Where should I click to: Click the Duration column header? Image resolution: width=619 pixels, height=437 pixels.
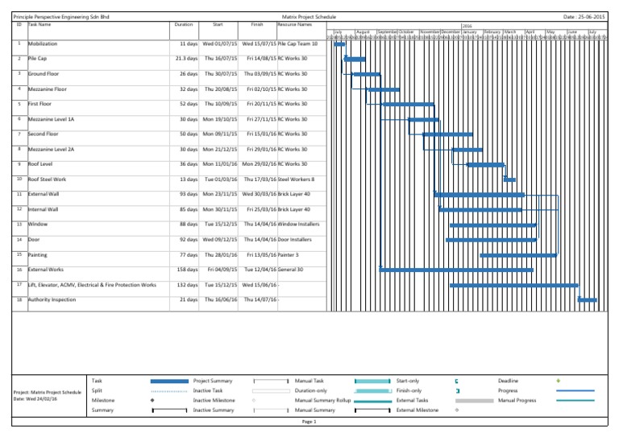pos(184,25)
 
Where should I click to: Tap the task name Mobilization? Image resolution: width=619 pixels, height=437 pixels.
pos(44,44)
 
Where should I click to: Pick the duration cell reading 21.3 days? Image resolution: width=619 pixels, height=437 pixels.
pos(186,59)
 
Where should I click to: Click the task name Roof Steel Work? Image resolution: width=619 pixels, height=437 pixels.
pos(48,179)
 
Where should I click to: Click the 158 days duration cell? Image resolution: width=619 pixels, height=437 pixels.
pos(187,270)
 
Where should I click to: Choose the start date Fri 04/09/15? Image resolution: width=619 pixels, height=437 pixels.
pos(222,270)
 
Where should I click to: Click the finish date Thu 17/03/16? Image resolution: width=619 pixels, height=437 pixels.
pos(259,179)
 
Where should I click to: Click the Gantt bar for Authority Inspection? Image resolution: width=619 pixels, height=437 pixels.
pos(588,300)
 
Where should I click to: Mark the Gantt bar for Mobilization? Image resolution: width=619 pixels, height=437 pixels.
pos(339,44)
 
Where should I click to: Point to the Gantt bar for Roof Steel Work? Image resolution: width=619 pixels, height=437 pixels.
pos(509,179)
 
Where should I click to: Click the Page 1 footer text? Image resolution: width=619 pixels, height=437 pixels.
pos(309,421)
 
